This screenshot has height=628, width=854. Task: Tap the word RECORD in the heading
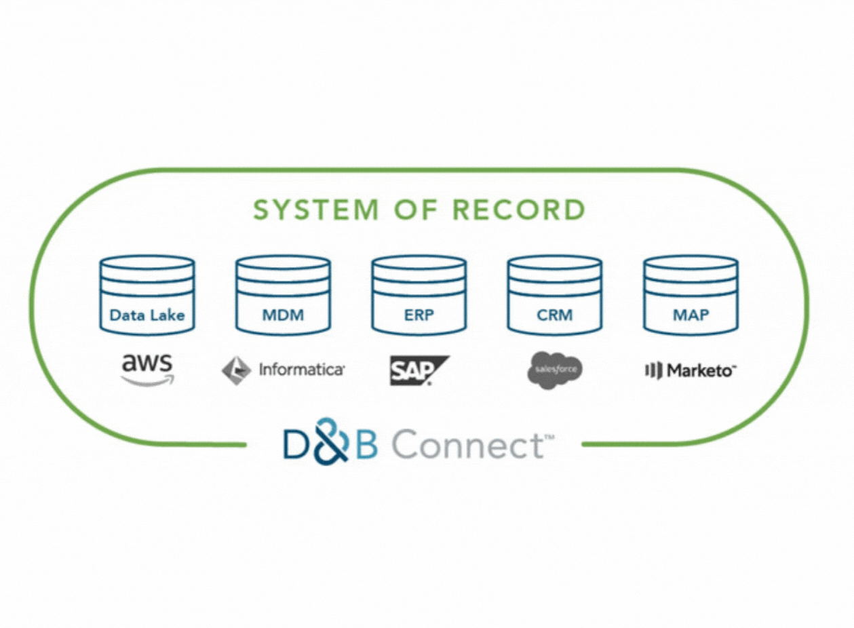pyautogui.click(x=519, y=210)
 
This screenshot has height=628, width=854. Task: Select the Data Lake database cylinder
pyautogui.click(x=147, y=295)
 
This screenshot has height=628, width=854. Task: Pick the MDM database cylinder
pyautogui.click(x=283, y=295)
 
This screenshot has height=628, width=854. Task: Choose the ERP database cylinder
pyautogui.click(x=419, y=295)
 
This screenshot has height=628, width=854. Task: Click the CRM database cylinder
pyautogui.click(x=554, y=295)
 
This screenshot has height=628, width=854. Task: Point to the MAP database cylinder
pyautogui.click(x=691, y=295)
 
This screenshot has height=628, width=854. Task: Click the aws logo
pyautogui.click(x=147, y=365)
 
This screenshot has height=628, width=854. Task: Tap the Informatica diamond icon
pyautogui.click(x=236, y=370)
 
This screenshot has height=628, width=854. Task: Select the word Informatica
pyautogui.click(x=302, y=370)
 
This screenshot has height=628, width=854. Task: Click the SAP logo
pyautogui.click(x=418, y=370)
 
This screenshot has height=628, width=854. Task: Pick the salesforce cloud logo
pyautogui.click(x=554, y=370)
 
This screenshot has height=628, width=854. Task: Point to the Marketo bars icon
pyautogui.click(x=653, y=370)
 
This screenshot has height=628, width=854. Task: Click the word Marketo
pyautogui.click(x=701, y=370)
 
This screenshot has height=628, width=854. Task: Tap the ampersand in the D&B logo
pyautogui.click(x=330, y=441)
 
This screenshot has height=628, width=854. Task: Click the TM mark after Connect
pyautogui.click(x=549, y=437)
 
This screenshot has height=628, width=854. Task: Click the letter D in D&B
pyautogui.click(x=296, y=446)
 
